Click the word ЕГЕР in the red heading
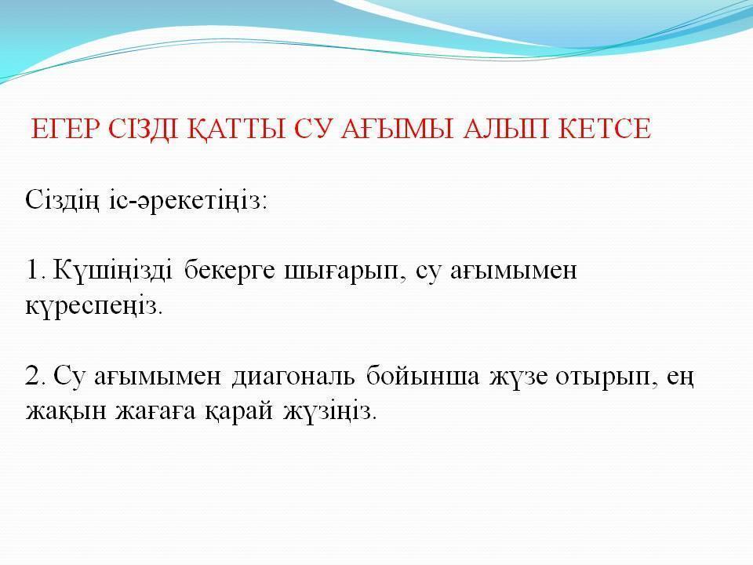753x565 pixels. pyautogui.click(x=66, y=128)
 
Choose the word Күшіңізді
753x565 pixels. pyautogui.click(x=112, y=270)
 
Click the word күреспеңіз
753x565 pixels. pyautogui.click(x=93, y=307)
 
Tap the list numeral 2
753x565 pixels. pyautogui.click(x=35, y=375)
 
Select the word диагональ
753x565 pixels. pyautogui.click(x=293, y=377)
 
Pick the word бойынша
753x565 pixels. pyautogui.click(x=423, y=376)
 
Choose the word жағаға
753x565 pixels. pyautogui.click(x=155, y=411)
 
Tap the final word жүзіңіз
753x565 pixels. pyautogui.click(x=329, y=413)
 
